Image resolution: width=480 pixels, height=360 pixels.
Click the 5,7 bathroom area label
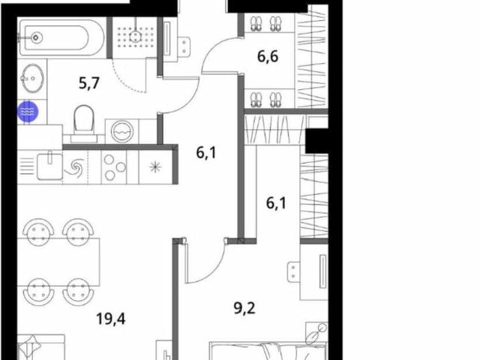tap(89, 83)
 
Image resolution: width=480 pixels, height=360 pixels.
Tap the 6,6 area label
tap(268, 57)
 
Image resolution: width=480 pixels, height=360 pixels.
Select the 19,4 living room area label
tap(111, 319)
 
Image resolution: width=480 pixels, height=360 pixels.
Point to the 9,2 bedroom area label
tap(244, 308)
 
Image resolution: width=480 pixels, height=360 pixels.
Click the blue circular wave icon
tap(28, 112)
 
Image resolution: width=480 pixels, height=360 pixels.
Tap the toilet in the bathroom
tap(83, 124)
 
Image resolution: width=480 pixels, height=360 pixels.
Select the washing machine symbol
tap(122, 131)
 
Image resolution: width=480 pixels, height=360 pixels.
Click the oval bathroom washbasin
tap(32, 78)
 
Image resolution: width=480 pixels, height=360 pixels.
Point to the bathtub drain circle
tap(36, 37)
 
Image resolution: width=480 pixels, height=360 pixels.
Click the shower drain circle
tap(135, 37)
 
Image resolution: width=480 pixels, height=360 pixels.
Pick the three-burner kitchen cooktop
tap(114, 167)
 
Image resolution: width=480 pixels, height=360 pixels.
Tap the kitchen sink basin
tap(49, 166)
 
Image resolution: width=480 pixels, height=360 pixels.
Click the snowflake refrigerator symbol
tap(155, 167)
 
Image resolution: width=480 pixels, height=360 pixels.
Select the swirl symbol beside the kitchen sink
tap(76, 168)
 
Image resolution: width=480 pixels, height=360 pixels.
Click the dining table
tap(58, 262)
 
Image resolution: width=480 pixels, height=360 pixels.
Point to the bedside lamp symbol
tap(316, 334)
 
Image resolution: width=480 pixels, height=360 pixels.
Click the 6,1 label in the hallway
tap(206, 152)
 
